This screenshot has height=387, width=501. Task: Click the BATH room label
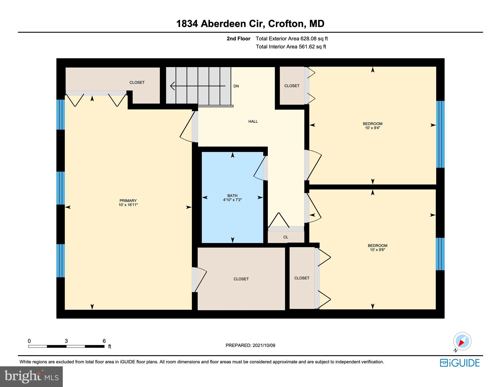point(232,196)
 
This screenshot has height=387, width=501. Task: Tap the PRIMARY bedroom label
point(128,201)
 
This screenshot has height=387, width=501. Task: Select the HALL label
point(253,122)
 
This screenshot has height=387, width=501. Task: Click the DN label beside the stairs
point(236,86)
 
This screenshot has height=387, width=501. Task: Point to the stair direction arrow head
point(172,86)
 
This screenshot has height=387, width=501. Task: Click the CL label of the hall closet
point(286,237)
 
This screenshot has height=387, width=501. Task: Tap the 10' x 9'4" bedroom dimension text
point(372,128)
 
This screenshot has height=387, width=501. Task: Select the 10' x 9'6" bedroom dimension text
point(377,250)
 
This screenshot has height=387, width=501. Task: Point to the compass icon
point(462,341)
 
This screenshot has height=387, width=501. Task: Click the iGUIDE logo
point(460,363)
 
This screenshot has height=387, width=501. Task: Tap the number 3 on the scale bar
point(66,341)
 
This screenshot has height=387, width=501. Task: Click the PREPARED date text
point(250,345)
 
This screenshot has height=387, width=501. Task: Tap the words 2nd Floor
point(238,39)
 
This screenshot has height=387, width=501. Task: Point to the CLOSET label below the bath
point(241,279)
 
